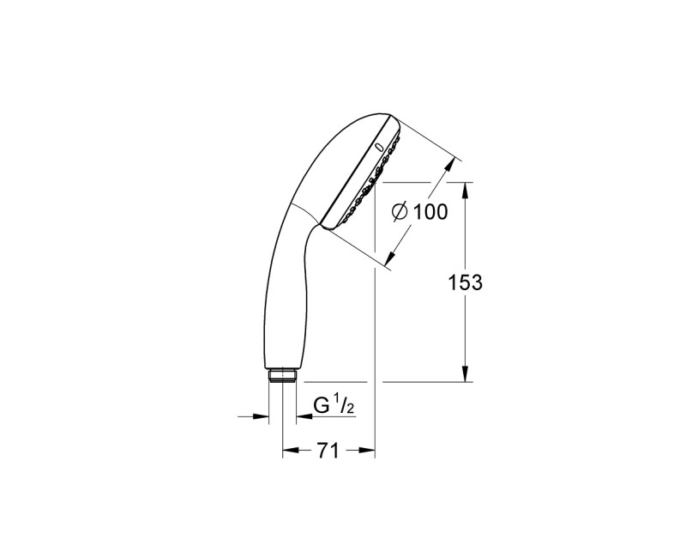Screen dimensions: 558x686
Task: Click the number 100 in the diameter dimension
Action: [x=430, y=212]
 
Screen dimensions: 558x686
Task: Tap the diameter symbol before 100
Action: [x=400, y=212]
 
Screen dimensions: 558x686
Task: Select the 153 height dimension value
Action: [x=466, y=282]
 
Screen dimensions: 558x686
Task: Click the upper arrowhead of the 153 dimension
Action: [x=466, y=188]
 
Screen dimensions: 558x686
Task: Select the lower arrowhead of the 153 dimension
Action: [x=466, y=374]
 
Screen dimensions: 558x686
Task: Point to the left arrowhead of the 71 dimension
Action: [x=289, y=449]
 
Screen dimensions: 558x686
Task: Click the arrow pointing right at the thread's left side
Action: [x=262, y=417]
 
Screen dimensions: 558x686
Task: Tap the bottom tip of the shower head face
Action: [x=327, y=227]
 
